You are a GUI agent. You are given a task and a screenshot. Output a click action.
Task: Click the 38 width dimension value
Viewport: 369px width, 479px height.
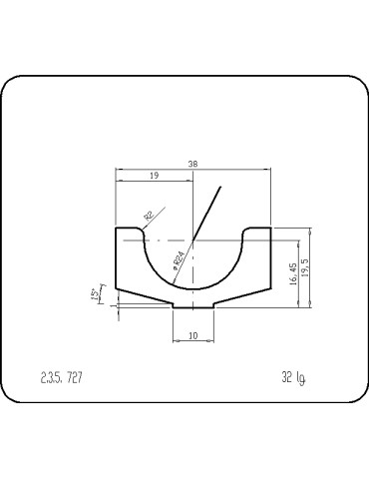tap(192, 165)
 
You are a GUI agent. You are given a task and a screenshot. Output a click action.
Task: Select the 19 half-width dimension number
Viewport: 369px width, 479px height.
tap(155, 175)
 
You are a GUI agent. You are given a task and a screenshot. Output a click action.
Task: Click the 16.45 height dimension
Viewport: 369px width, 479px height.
tap(292, 273)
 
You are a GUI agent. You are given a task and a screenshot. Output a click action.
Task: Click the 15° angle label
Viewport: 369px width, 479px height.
tap(95, 295)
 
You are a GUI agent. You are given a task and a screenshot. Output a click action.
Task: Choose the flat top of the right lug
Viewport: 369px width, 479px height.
tap(257, 228)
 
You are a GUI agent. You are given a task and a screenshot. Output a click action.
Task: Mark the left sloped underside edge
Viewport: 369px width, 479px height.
tap(146, 297)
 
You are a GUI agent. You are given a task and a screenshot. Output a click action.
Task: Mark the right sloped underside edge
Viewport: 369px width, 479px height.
tap(241, 297)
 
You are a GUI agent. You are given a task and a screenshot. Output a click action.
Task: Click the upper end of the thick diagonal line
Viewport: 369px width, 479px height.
tap(221, 187)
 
